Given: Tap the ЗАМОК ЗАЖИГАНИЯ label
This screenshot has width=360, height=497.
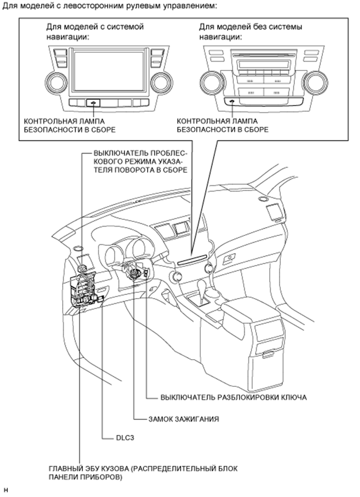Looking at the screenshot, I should pos(182,419).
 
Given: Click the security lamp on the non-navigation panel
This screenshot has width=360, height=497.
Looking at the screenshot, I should pos(231,102).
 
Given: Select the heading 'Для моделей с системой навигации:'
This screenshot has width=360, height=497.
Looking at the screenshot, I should pos(95,31).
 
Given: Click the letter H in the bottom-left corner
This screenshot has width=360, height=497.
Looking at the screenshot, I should pos(5,490).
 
